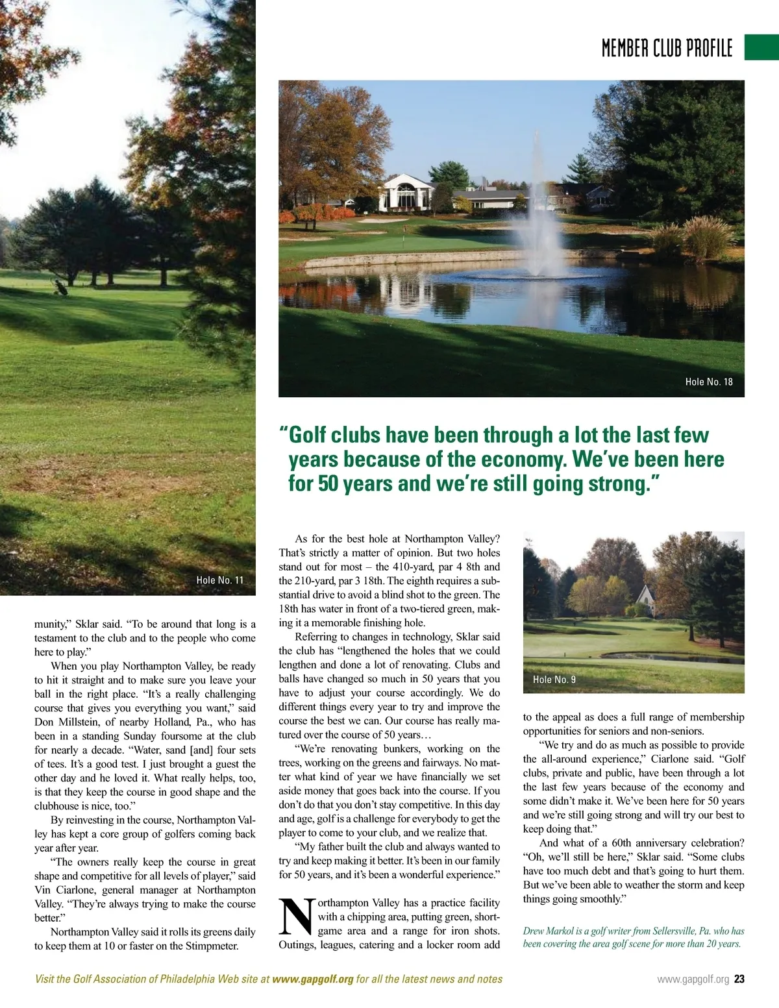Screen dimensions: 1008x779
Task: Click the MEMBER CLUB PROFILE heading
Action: coord(667,48)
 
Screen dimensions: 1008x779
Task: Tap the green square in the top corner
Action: coord(761,47)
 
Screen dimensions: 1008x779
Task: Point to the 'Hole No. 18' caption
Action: coord(709,382)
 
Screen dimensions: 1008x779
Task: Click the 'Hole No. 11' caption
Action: coord(220,580)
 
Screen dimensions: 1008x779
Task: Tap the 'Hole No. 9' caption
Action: coord(554,680)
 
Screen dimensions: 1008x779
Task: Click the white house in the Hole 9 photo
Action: coord(645,601)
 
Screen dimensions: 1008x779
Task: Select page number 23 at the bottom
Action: coord(739,979)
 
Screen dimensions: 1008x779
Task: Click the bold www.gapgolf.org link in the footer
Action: coord(313,979)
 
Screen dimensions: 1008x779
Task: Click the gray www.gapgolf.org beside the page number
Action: coord(693,979)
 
